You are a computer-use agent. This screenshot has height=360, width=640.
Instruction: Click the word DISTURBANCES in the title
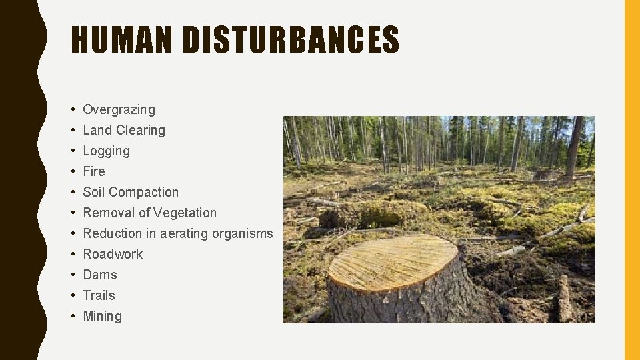click(x=291, y=40)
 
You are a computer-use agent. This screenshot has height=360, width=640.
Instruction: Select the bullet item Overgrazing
click(x=119, y=109)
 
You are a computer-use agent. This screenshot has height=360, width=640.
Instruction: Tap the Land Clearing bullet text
click(x=123, y=130)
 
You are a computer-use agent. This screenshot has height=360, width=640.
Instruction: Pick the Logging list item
click(x=106, y=151)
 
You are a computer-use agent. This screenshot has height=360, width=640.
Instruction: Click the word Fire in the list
click(x=94, y=171)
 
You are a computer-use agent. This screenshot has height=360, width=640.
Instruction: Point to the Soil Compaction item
click(x=131, y=192)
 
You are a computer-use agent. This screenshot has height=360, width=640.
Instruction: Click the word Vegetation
click(x=185, y=213)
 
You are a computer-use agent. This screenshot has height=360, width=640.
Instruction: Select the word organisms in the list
click(x=243, y=233)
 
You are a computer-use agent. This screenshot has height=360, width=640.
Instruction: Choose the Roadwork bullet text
click(x=113, y=254)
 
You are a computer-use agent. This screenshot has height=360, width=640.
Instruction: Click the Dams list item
click(x=99, y=275)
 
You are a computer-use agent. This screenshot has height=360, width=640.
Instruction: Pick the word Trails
click(x=99, y=295)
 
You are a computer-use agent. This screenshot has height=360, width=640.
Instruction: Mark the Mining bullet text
click(x=102, y=316)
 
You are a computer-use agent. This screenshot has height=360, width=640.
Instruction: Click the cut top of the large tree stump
click(x=393, y=261)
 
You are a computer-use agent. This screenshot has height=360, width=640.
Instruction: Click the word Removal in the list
click(x=105, y=213)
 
